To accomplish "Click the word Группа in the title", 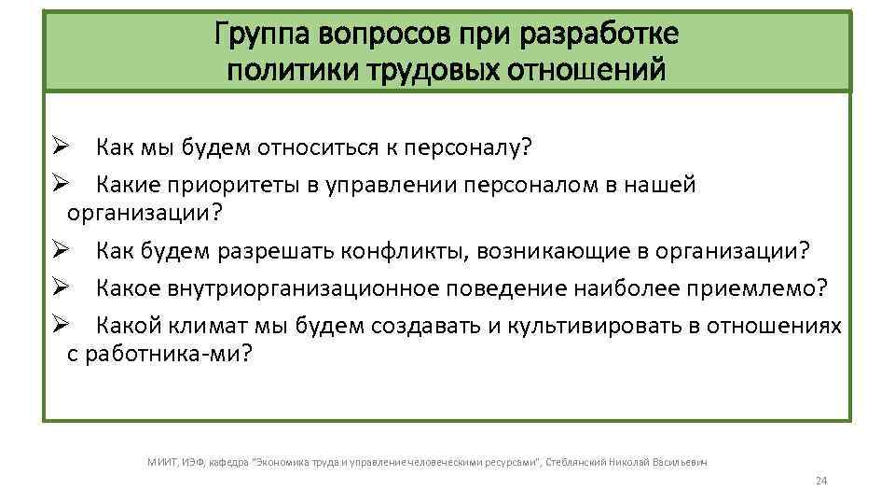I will coord(265,35).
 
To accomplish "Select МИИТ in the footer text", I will coord(161,460).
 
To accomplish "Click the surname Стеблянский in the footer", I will coord(578,460).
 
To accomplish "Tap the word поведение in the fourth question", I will coord(509,287).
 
